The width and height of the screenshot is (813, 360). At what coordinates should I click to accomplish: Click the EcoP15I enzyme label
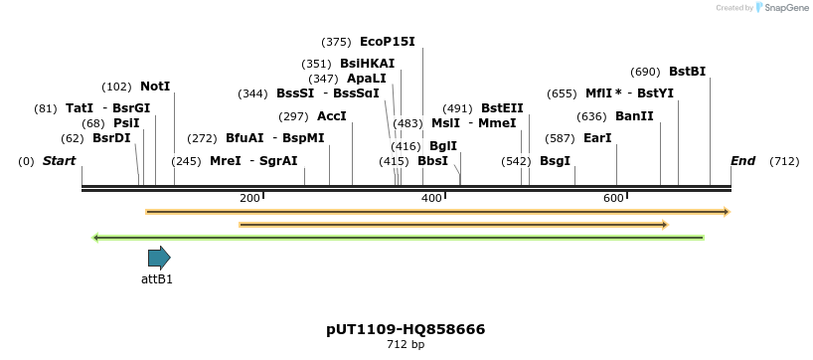[x=387, y=42]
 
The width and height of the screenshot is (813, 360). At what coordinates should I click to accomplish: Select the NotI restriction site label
[x=155, y=87]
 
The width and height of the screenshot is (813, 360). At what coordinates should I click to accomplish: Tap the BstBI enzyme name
[x=687, y=72]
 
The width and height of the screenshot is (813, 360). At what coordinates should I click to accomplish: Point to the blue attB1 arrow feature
[x=159, y=259]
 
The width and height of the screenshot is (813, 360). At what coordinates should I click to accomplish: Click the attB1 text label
[x=157, y=279]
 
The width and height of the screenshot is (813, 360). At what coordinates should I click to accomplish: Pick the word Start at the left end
[x=59, y=161]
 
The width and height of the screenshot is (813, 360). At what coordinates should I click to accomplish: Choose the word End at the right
[x=742, y=161]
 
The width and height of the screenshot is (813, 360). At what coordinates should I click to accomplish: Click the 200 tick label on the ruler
[x=249, y=198]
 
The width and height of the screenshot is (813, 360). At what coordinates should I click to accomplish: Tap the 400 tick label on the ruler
[x=431, y=198]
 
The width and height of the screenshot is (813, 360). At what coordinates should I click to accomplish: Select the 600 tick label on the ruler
[x=613, y=198]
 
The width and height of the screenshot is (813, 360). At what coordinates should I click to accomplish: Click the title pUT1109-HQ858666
[x=406, y=329]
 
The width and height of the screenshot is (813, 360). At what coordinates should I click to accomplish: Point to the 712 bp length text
[x=406, y=345]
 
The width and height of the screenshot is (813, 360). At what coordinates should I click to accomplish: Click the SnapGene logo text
[x=785, y=8]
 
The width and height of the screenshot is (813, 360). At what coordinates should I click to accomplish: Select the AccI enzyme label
[x=331, y=116]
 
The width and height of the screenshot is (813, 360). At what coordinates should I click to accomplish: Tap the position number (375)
[x=336, y=42]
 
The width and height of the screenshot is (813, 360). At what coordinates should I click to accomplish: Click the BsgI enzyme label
[x=555, y=161]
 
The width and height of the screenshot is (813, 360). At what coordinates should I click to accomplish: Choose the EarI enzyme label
[x=596, y=138]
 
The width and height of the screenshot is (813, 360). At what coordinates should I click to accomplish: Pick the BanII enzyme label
[x=634, y=116]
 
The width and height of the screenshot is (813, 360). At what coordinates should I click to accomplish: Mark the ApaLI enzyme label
[x=367, y=79]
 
